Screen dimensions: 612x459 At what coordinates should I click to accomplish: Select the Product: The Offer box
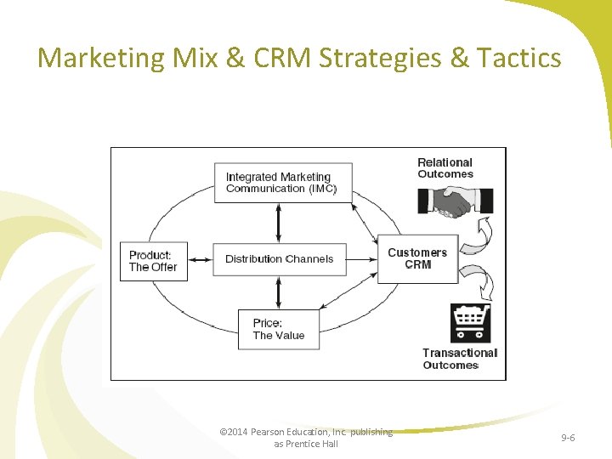point(153,261)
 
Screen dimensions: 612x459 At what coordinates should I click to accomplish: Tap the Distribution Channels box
point(279,259)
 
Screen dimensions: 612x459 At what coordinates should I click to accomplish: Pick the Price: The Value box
point(278,329)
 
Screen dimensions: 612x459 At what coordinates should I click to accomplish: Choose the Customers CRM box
point(416,258)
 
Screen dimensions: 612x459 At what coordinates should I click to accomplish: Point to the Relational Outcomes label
point(445,168)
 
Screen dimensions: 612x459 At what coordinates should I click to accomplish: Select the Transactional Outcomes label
point(459,359)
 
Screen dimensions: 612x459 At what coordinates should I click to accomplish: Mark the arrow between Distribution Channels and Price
point(279,293)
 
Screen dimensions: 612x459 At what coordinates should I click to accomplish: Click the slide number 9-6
point(568,437)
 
